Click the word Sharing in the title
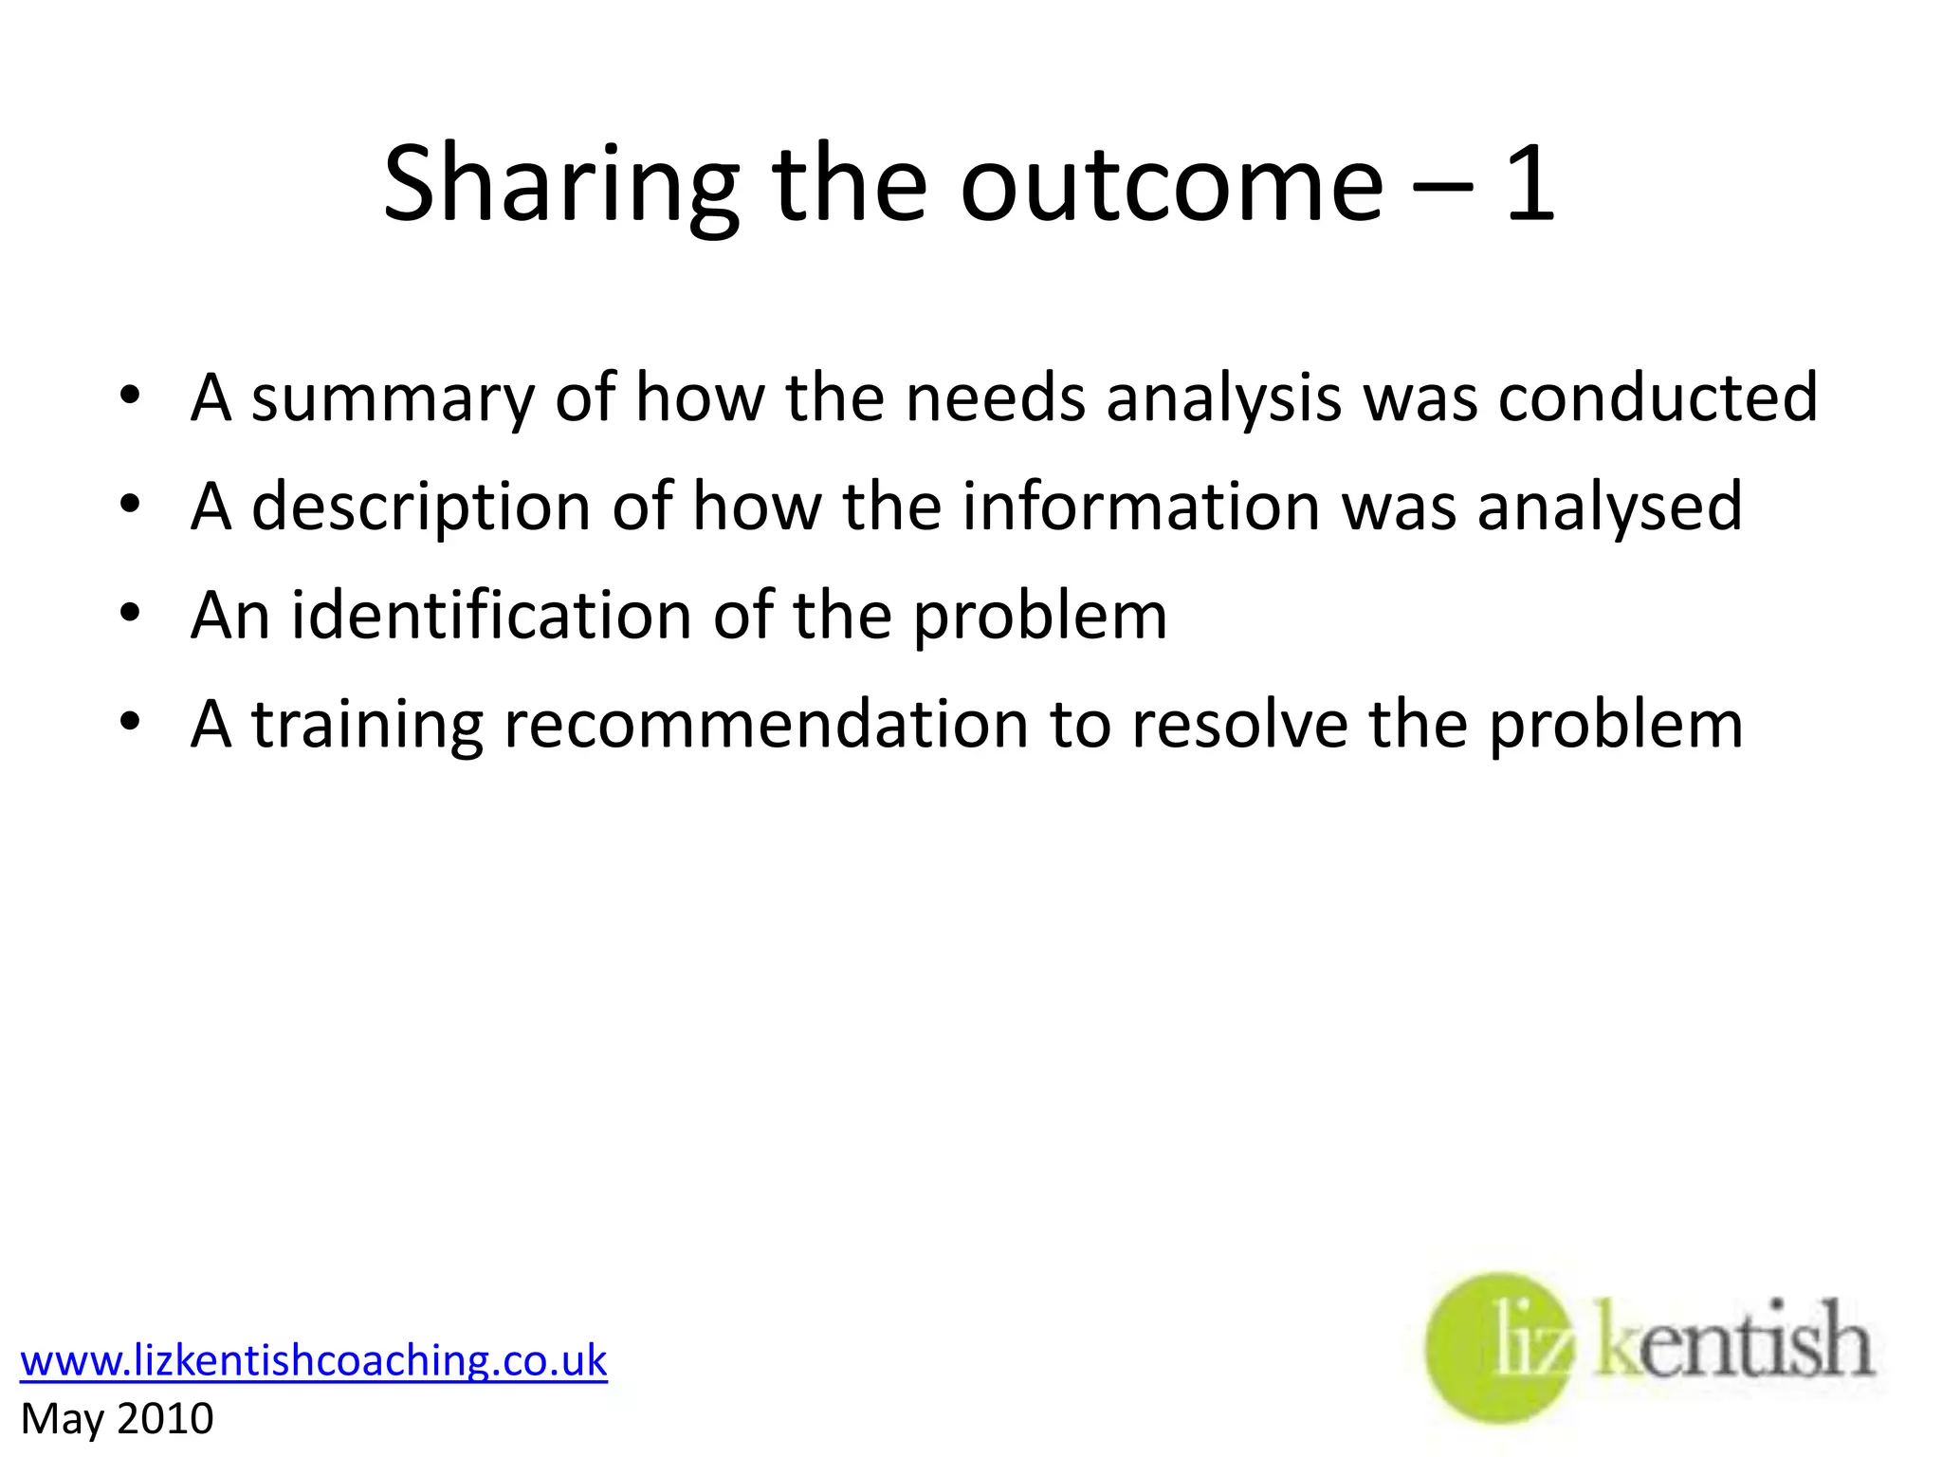point(559,185)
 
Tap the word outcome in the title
point(1172,185)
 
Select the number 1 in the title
point(1529,185)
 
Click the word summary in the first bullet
point(393,398)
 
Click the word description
point(421,507)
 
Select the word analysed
point(1609,507)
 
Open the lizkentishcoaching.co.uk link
point(313,1360)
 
